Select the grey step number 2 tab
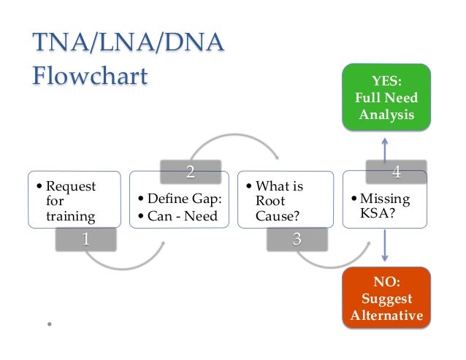190,172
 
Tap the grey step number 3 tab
297,240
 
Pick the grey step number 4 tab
396,172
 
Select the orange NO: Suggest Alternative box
386,297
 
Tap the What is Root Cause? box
286,198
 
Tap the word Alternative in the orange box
386,316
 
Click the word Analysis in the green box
386,114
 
